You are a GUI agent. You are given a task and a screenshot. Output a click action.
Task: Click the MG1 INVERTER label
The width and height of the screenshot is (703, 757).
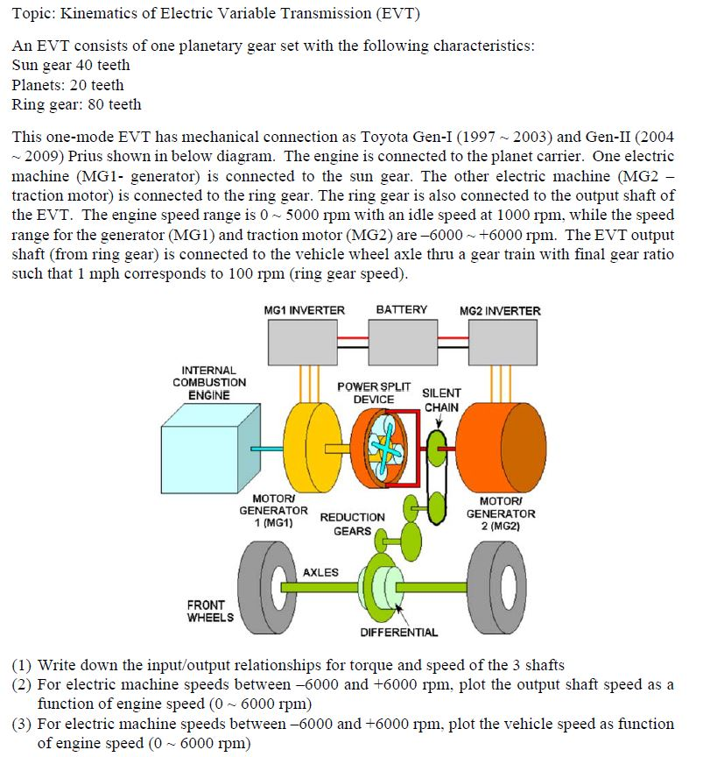pos(304,310)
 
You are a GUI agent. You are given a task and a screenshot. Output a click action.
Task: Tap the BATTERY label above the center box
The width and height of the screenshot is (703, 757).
pos(401,309)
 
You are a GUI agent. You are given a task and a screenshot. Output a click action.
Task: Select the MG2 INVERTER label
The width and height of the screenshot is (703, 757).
pos(500,310)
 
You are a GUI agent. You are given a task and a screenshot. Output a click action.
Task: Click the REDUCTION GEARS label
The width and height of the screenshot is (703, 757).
pos(352,524)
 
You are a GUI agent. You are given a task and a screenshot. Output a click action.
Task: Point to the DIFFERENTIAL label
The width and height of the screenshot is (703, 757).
pos(399,632)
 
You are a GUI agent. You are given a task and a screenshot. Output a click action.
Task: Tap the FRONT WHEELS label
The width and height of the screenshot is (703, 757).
pos(210,611)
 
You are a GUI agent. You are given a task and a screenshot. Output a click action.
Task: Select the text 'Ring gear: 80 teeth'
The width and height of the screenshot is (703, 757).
pos(77,104)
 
